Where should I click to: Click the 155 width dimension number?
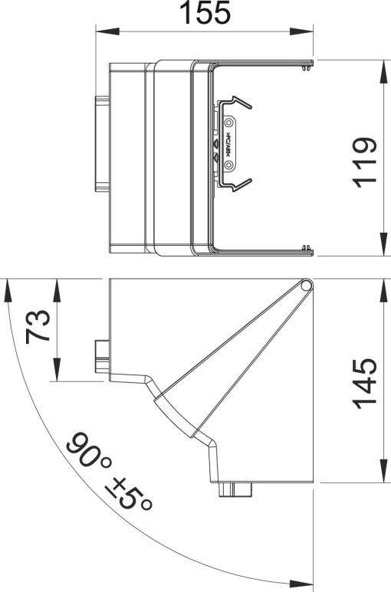pos(204,14)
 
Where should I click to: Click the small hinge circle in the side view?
pos(306,286)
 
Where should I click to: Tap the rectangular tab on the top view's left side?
pos(100,143)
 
